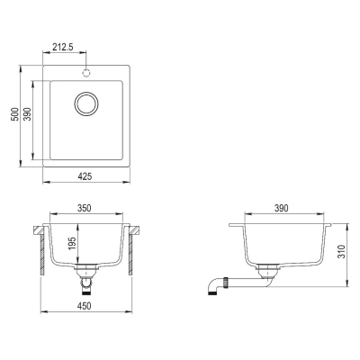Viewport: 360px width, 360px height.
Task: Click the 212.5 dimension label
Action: point(63,47)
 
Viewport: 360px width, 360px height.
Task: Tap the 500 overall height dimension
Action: point(14,114)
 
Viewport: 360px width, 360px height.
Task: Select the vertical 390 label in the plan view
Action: point(28,114)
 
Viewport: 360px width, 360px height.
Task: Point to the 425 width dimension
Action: point(85,176)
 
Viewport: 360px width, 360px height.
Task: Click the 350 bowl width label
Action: point(84,208)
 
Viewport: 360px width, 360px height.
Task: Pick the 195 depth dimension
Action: point(72,245)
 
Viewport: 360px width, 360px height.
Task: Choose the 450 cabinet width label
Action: point(84,306)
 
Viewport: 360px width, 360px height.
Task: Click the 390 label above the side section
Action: point(282,208)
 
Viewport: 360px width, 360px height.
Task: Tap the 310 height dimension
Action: point(341,252)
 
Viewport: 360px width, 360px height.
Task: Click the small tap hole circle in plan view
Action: point(86,73)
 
